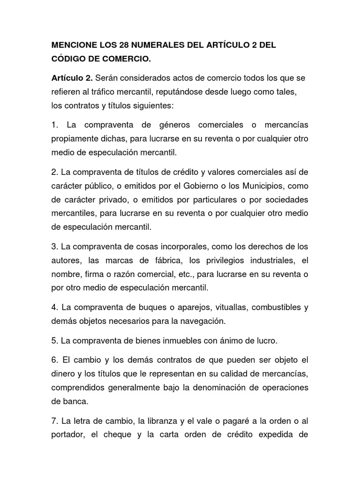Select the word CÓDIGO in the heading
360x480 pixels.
tap(69, 60)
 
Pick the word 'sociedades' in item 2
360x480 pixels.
tap(285, 199)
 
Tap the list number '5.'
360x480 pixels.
tap(54, 340)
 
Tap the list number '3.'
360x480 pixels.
tap(54, 246)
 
